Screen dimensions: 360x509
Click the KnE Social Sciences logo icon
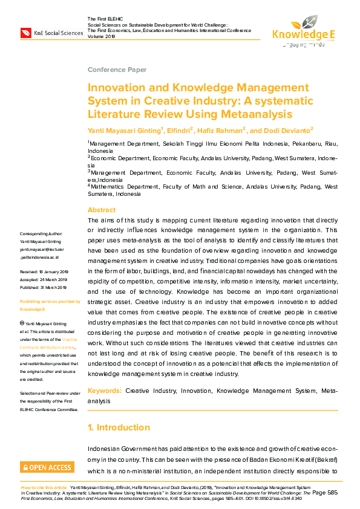tap(26, 32)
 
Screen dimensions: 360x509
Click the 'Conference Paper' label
tap(117, 70)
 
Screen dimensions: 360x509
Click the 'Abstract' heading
tap(101, 210)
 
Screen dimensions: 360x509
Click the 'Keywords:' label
tap(105, 391)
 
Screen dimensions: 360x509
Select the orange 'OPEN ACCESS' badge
tap(47, 467)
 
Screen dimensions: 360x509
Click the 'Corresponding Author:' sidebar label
tap(41, 233)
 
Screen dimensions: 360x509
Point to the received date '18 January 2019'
tap(56, 273)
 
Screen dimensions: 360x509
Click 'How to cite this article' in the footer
tap(44, 487)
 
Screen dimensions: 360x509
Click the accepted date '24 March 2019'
tap(57, 280)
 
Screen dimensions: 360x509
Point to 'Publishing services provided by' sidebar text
tap(50, 301)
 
